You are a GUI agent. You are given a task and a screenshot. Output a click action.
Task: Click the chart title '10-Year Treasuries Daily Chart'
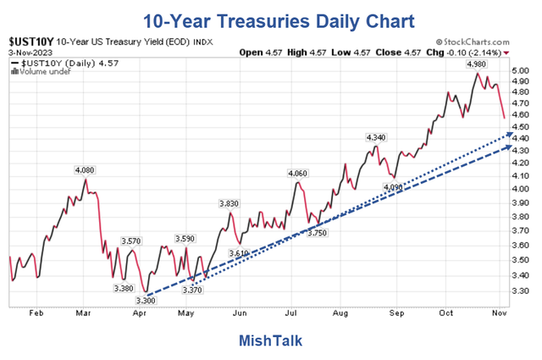click(270, 19)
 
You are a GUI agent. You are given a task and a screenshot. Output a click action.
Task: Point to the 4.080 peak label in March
click(84, 169)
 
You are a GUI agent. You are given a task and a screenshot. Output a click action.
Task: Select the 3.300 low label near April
click(147, 301)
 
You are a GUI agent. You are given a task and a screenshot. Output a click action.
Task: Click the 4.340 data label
click(375, 137)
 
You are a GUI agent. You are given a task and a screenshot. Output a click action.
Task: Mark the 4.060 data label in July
click(297, 174)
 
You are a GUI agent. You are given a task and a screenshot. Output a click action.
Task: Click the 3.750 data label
click(317, 233)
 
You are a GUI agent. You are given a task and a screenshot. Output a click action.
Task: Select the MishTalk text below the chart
click(270, 340)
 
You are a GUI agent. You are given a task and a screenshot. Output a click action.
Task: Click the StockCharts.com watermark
click(473, 41)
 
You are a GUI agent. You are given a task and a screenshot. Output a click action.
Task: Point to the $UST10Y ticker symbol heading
click(30, 41)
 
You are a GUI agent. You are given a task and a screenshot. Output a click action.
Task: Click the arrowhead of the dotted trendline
click(509, 134)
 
